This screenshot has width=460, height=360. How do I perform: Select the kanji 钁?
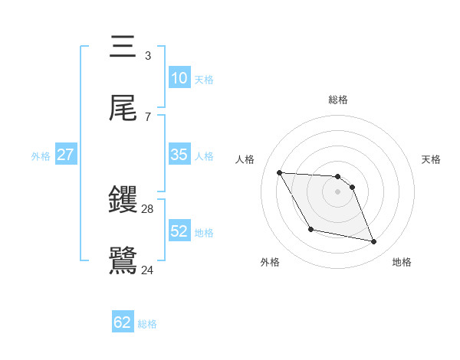click(123, 201)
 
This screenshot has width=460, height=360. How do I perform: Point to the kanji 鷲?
click(123, 261)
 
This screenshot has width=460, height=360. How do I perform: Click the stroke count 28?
click(148, 209)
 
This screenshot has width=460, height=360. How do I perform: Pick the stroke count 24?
click(148, 270)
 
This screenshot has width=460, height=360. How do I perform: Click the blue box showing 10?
click(179, 78)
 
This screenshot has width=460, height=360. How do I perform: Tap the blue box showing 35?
click(179, 155)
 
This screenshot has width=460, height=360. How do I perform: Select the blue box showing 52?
click(179, 231)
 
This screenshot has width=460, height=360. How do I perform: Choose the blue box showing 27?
click(65, 155)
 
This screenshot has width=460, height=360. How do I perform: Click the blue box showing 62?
click(123, 322)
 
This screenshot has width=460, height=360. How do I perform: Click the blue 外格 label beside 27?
click(41, 155)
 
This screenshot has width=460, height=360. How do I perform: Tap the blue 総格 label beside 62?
click(147, 324)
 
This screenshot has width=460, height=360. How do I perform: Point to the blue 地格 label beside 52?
click(204, 232)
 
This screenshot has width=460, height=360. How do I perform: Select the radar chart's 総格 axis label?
click(338, 100)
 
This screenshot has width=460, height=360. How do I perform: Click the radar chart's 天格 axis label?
click(432, 159)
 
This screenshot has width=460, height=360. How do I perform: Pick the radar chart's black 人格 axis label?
click(245, 159)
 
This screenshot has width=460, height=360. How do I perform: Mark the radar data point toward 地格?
click(374, 242)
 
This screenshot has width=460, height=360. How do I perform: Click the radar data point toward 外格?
click(310, 229)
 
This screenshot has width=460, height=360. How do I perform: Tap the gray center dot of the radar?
click(338, 191)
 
